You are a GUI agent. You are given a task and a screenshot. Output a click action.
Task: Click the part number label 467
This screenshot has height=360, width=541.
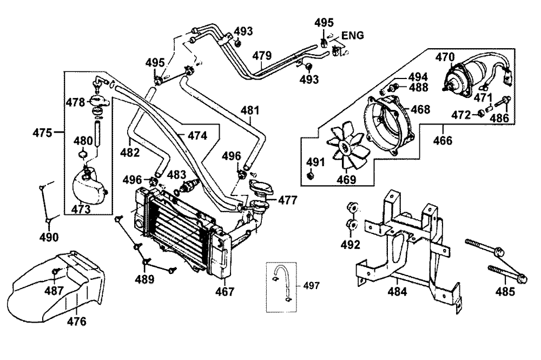(x=225, y=292)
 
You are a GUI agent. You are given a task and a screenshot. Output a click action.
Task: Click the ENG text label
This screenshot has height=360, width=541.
(x=353, y=36)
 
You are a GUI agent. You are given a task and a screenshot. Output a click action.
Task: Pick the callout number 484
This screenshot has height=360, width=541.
(x=397, y=292)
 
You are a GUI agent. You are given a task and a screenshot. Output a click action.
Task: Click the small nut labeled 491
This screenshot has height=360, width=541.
(x=310, y=176)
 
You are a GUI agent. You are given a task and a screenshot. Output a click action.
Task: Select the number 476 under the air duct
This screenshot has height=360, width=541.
(x=76, y=322)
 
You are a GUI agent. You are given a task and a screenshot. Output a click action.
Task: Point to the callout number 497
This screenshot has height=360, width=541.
(x=311, y=286)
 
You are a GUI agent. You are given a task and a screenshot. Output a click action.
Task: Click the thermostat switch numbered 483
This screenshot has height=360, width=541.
(x=189, y=186)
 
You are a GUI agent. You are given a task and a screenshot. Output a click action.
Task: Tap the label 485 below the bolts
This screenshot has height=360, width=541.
(x=505, y=292)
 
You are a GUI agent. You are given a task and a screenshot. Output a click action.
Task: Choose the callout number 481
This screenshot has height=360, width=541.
(x=250, y=110)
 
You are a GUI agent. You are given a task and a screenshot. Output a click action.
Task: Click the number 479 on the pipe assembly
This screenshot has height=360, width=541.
(x=262, y=55)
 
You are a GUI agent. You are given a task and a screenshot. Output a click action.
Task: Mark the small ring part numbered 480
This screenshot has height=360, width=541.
(x=83, y=153)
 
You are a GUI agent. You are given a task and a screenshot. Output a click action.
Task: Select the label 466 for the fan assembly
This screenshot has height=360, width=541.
(x=443, y=140)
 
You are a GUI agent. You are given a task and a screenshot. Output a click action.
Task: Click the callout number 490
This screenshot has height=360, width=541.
(x=49, y=238)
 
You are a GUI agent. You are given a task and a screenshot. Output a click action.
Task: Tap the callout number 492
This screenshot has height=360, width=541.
(x=350, y=245)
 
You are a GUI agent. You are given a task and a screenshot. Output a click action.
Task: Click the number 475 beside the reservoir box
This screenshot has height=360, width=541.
(x=42, y=133)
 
